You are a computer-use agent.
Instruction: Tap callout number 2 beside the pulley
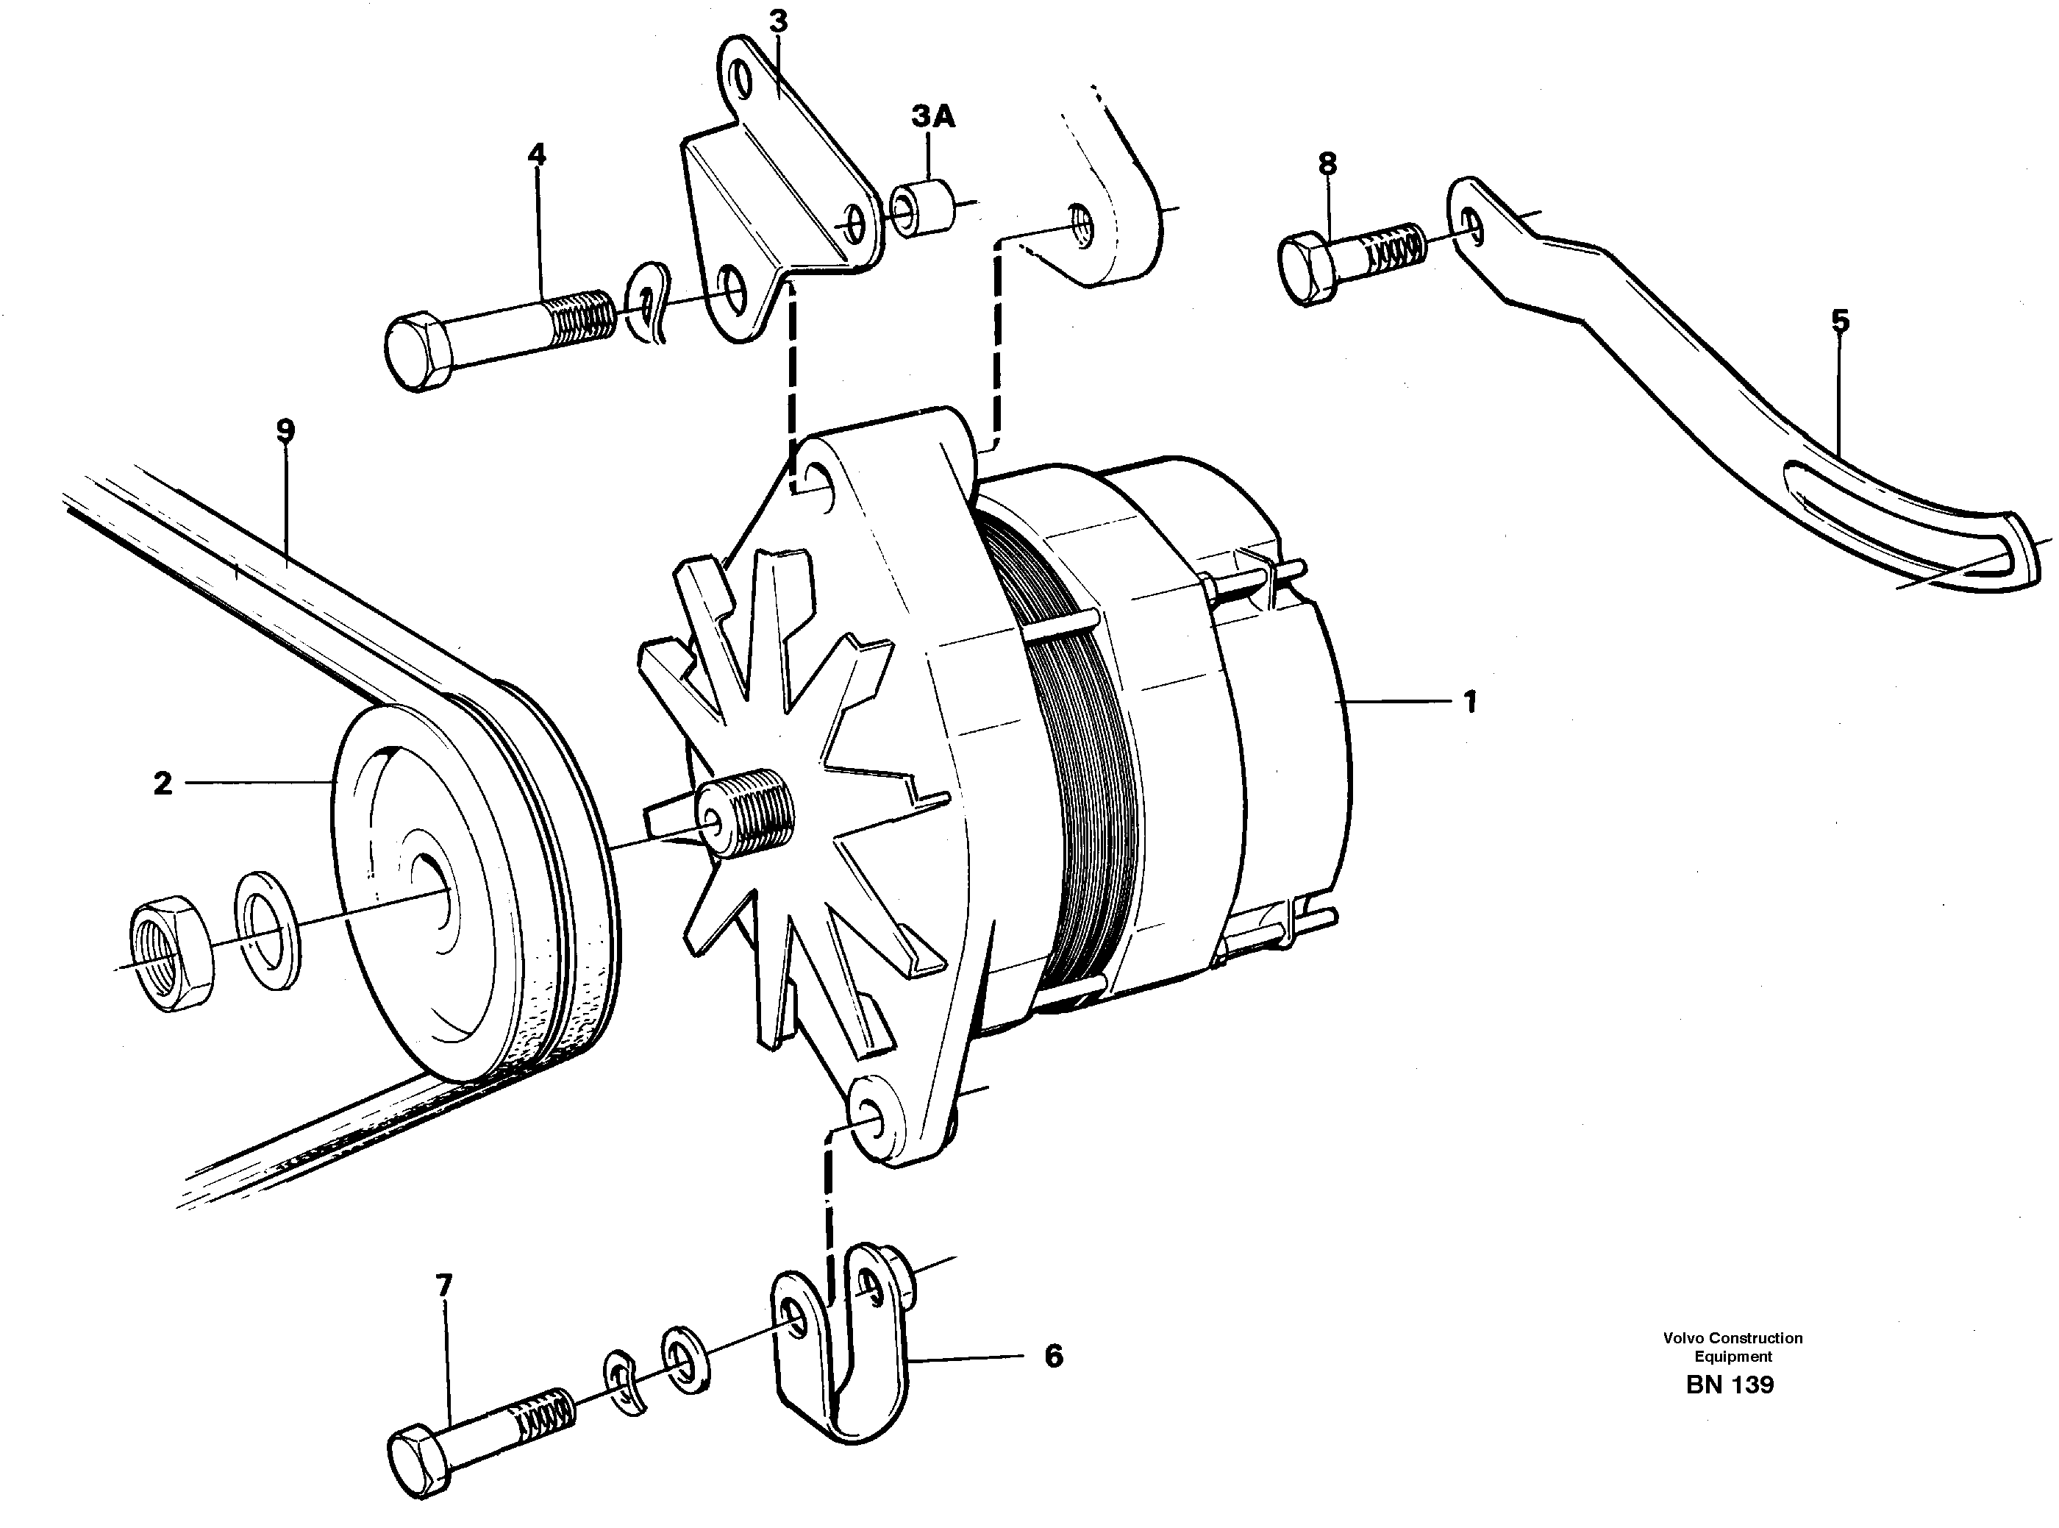tap(163, 784)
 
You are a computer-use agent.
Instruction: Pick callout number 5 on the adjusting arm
tap(1840, 321)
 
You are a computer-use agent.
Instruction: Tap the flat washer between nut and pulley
tap(268, 930)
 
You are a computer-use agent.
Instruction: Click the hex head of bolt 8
tap(1307, 270)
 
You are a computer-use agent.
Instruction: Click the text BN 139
tap(1729, 1385)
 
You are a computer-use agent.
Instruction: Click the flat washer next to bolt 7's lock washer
tap(683, 1360)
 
